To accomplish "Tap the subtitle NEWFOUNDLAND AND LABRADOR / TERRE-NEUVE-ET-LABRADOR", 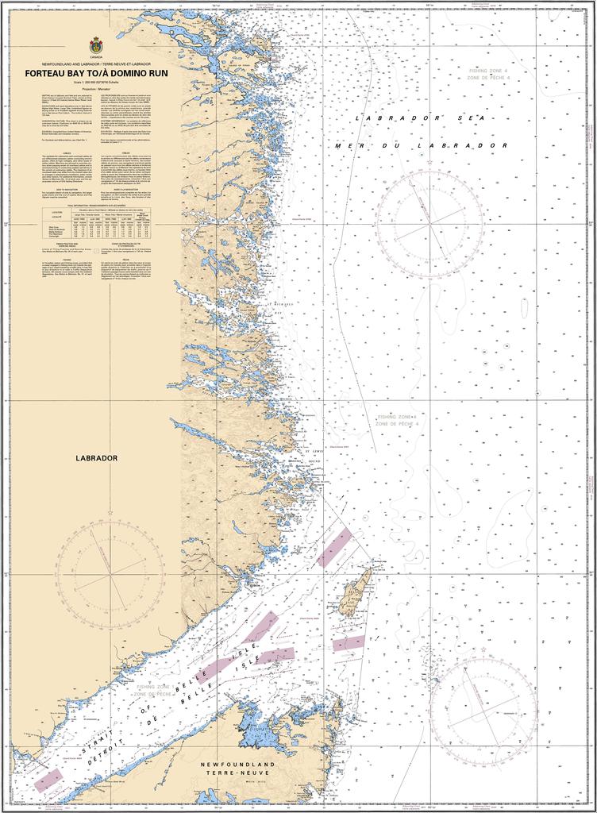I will (96, 62).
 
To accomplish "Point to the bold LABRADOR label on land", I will (97, 458).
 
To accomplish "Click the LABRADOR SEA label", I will (419, 118).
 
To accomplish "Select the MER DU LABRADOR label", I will (421, 146).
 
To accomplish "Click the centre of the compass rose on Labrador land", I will (109, 567).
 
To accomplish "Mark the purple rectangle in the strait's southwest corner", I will (48, 780).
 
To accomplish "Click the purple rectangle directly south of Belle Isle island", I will (349, 642).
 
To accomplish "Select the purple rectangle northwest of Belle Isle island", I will (333, 548).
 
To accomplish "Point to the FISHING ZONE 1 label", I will (156, 688).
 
